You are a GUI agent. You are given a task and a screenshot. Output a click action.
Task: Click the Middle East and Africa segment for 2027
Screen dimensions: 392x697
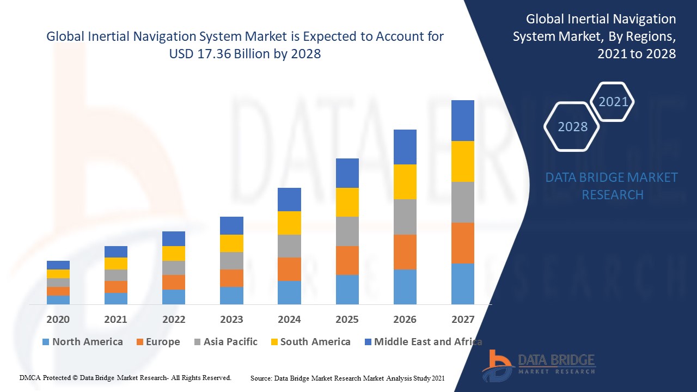pyautogui.click(x=462, y=120)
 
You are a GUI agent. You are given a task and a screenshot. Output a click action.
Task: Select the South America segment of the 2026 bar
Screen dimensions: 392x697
pyautogui.click(x=405, y=182)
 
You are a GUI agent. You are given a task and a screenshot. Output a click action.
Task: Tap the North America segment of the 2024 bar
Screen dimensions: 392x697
pyautogui.click(x=289, y=292)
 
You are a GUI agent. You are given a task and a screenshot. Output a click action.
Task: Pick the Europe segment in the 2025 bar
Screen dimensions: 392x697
pyautogui.click(x=347, y=260)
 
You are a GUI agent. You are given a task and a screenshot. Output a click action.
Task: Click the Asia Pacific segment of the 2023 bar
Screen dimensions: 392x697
pyautogui.click(x=231, y=261)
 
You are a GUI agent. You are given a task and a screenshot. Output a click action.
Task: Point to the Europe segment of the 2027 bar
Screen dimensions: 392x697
pyautogui.click(x=462, y=243)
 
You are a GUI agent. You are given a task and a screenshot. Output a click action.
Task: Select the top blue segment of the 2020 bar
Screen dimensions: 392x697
pyautogui.click(x=58, y=265)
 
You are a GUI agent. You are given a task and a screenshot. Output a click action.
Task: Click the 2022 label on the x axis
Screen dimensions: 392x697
pyautogui.click(x=174, y=319)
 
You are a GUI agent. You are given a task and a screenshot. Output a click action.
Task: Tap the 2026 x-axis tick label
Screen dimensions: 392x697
pyautogui.click(x=405, y=319)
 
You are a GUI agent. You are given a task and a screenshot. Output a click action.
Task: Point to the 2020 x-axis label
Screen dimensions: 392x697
pyautogui.click(x=58, y=319)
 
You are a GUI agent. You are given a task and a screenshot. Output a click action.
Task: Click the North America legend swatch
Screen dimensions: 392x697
pyautogui.click(x=46, y=342)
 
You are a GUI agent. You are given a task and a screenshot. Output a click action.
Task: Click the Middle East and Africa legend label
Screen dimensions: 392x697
pyautogui.click(x=428, y=342)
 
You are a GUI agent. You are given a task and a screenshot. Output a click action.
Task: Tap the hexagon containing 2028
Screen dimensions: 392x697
pyautogui.click(x=572, y=127)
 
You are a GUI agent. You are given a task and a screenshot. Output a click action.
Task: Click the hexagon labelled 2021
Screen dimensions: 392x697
pyautogui.click(x=613, y=102)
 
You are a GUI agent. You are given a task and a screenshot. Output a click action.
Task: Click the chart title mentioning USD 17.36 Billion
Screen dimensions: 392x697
pyautogui.click(x=245, y=45)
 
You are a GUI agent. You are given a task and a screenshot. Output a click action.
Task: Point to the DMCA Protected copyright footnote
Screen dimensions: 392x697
pyautogui.click(x=125, y=377)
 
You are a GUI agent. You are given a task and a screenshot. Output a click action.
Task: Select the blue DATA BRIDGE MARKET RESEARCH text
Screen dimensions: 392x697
pyautogui.click(x=612, y=186)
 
